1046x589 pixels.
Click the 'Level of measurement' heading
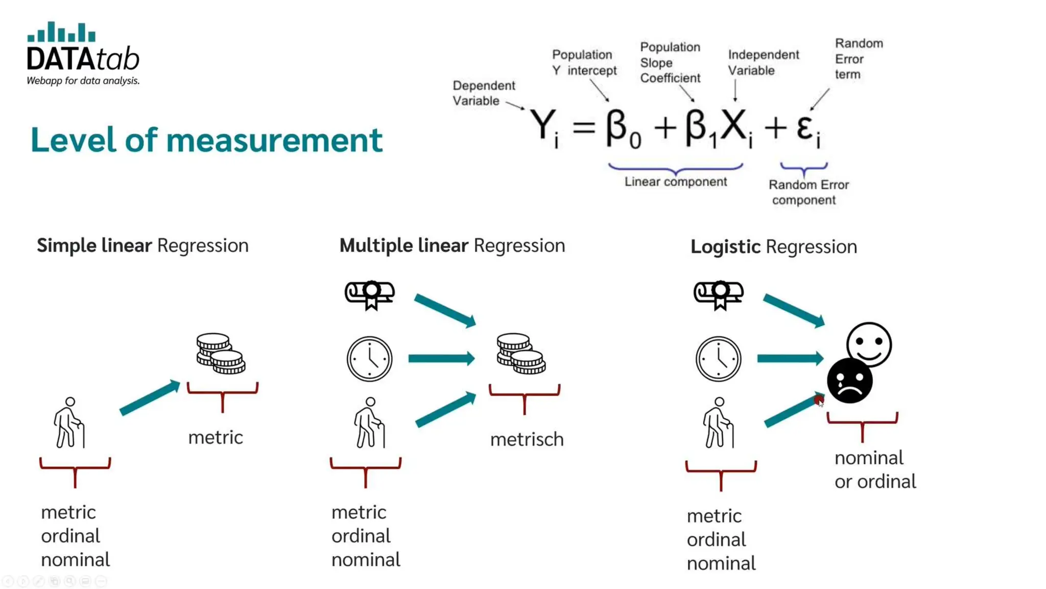pyautogui.click(x=206, y=140)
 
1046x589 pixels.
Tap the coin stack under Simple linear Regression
pyautogui.click(x=221, y=353)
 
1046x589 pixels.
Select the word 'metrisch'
pyautogui.click(x=527, y=439)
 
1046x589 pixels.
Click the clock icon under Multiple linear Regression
pyautogui.click(x=369, y=359)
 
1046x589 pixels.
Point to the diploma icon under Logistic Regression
pyautogui.click(x=718, y=294)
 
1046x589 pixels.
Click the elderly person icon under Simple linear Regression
pyautogui.click(x=69, y=423)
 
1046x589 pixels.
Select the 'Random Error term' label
pyautogui.click(x=859, y=59)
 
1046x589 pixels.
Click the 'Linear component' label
pyautogui.click(x=675, y=182)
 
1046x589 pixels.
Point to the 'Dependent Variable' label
pyautogui.click(x=483, y=93)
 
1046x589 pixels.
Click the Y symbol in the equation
pyautogui.click(x=542, y=125)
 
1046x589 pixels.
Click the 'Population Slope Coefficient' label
pyautogui.click(x=670, y=62)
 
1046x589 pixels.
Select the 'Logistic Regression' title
pyautogui.click(x=773, y=247)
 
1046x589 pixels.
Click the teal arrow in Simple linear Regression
pyautogui.click(x=150, y=398)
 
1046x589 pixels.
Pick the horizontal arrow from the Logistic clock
pyautogui.click(x=790, y=358)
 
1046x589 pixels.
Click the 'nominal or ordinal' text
pyautogui.click(x=875, y=469)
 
